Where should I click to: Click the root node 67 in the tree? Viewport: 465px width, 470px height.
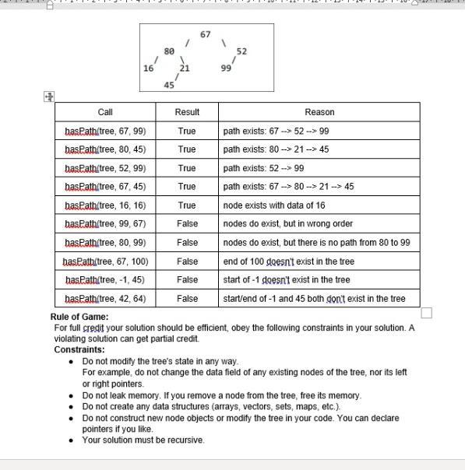point(205,34)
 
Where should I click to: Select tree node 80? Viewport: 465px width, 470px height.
point(169,51)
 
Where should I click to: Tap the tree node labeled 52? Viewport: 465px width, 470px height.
point(241,51)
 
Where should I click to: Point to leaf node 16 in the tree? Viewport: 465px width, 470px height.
point(148,68)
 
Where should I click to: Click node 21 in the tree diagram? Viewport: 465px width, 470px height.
point(185,68)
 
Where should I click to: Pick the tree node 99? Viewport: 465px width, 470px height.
point(226,68)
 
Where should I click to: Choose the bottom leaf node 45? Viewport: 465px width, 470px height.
point(169,86)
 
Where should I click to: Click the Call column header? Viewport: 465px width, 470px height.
point(105,112)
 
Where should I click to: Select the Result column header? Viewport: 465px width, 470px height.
point(187,112)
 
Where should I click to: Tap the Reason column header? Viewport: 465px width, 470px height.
point(319,112)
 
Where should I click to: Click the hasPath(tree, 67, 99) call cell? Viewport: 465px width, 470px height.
point(105,131)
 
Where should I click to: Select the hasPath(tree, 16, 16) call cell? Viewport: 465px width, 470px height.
point(105,205)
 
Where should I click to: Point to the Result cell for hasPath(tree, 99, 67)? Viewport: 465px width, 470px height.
point(187,224)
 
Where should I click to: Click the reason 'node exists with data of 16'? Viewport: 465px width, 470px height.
point(274,205)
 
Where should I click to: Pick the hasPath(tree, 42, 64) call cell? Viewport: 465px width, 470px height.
point(105,299)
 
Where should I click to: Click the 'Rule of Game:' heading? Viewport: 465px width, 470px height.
point(79,317)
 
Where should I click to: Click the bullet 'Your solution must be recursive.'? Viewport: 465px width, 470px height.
point(143,440)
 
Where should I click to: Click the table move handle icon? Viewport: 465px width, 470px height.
point(49,96)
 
